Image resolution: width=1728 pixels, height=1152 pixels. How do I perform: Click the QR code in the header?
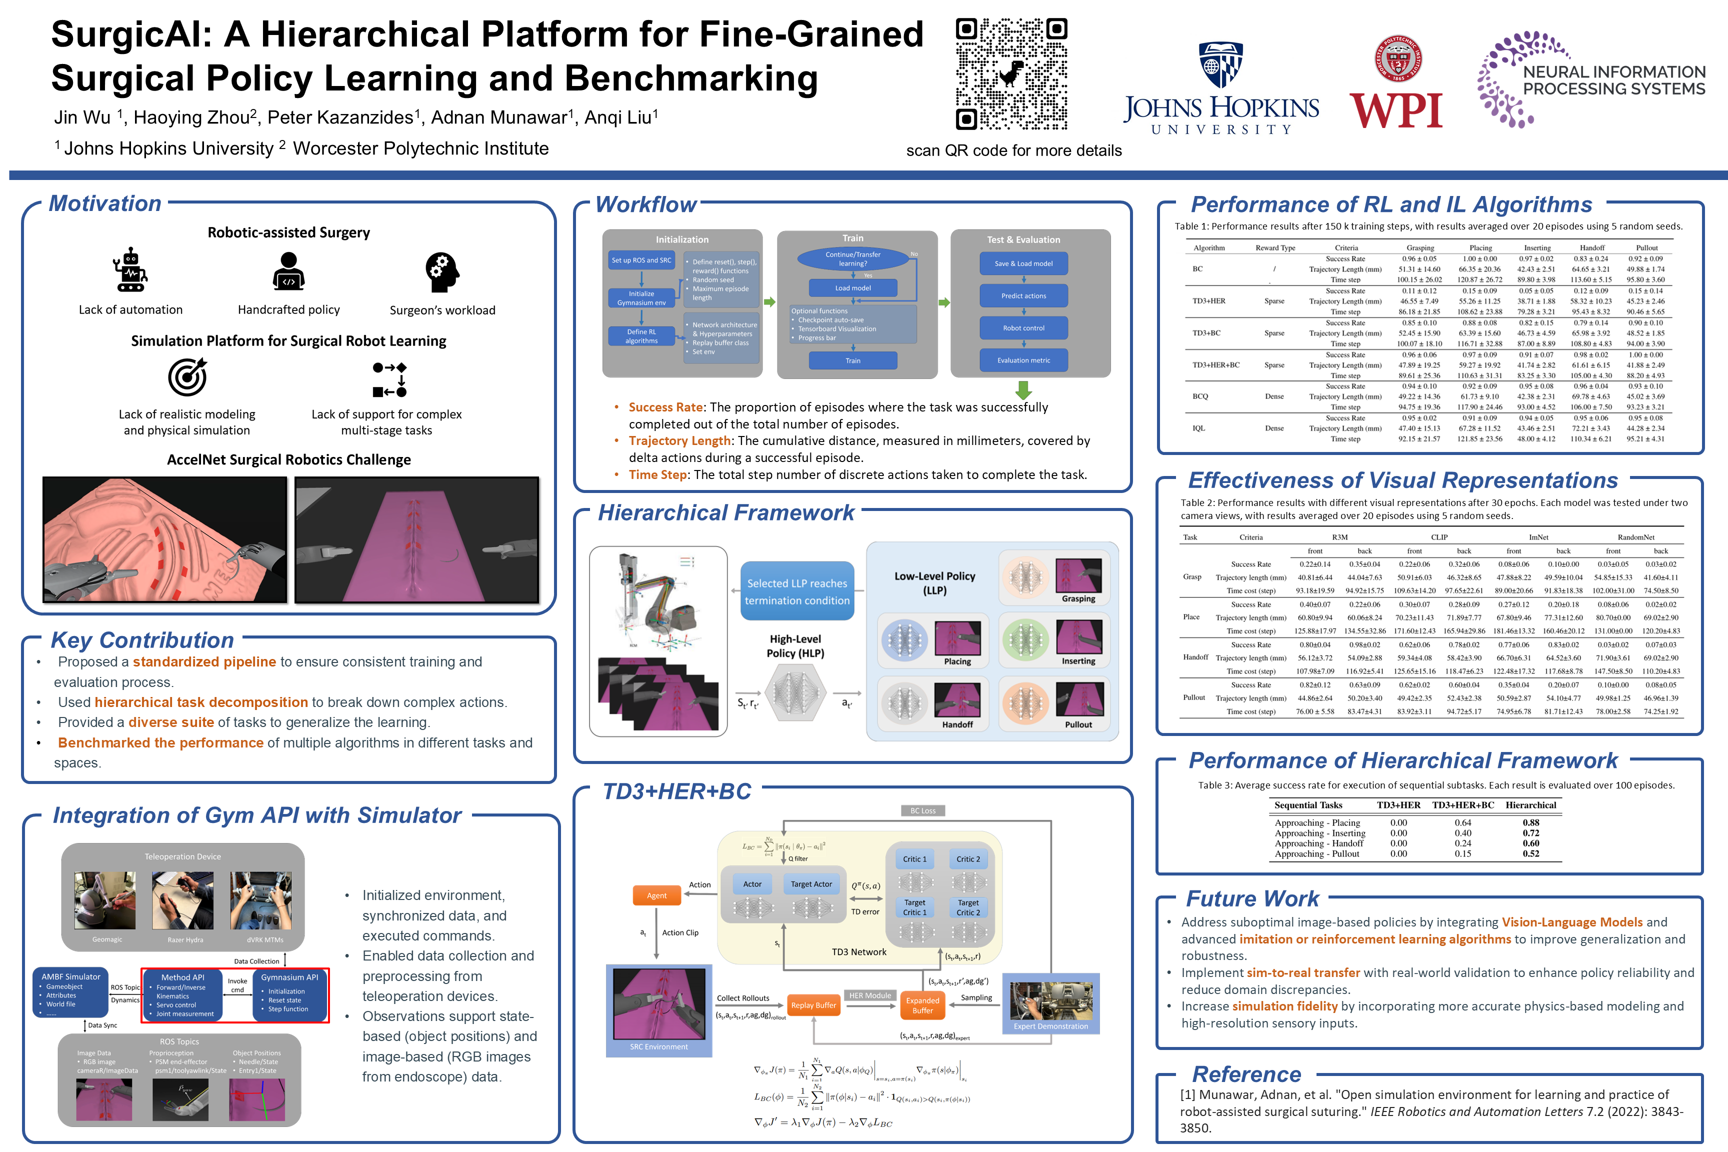click(x=1011, y=74)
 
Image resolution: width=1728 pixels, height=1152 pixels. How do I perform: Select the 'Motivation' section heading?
click(x=105, y=203)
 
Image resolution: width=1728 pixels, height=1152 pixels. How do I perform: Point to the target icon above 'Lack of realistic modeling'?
click(x=187, y=377)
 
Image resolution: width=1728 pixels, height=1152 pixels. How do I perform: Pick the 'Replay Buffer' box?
click(x=813, y=1005)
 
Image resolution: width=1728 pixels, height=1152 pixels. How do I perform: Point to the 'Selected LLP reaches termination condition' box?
click(x=797, y=591)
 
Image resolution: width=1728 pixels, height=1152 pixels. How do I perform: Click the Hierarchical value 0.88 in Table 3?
click(x=1530, y=823)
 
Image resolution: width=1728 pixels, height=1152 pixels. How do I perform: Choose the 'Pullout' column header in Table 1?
click(x=1646, y=247)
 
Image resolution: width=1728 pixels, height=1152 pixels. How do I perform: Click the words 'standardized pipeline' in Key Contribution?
click(x=204, y=662)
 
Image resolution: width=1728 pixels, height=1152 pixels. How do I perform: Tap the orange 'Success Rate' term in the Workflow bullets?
click(x=665, y=407)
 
